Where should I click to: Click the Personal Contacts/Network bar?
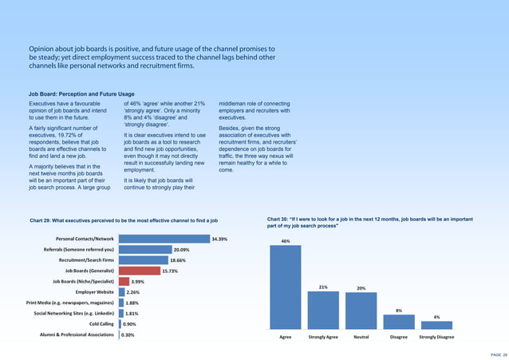coord(164,239)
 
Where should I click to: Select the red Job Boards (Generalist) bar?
coord(139,271)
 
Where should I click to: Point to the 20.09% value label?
coord(181,250)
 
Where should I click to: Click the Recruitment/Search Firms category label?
coord(86,260)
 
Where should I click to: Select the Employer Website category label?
coord(93,292)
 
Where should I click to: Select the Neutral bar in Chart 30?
coord(361,311)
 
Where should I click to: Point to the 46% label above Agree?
coord(286,240)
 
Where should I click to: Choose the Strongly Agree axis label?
coord(323,338)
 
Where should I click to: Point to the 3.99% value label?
coord(137,282)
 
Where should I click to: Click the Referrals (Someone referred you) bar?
coord(144,250)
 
